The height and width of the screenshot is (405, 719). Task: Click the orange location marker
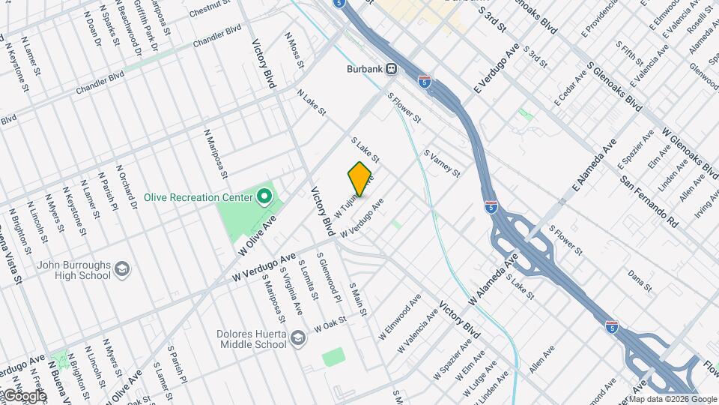[359, 179]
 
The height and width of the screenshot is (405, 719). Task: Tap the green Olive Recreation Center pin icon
[264, 198]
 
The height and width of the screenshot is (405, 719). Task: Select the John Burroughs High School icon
[124, 268]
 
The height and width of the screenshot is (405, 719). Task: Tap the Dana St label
[642, 281]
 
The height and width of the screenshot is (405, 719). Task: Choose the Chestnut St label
[207, 12]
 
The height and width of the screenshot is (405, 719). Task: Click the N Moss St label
[294, 50]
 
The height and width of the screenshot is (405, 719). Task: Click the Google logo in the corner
[24, 395]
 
